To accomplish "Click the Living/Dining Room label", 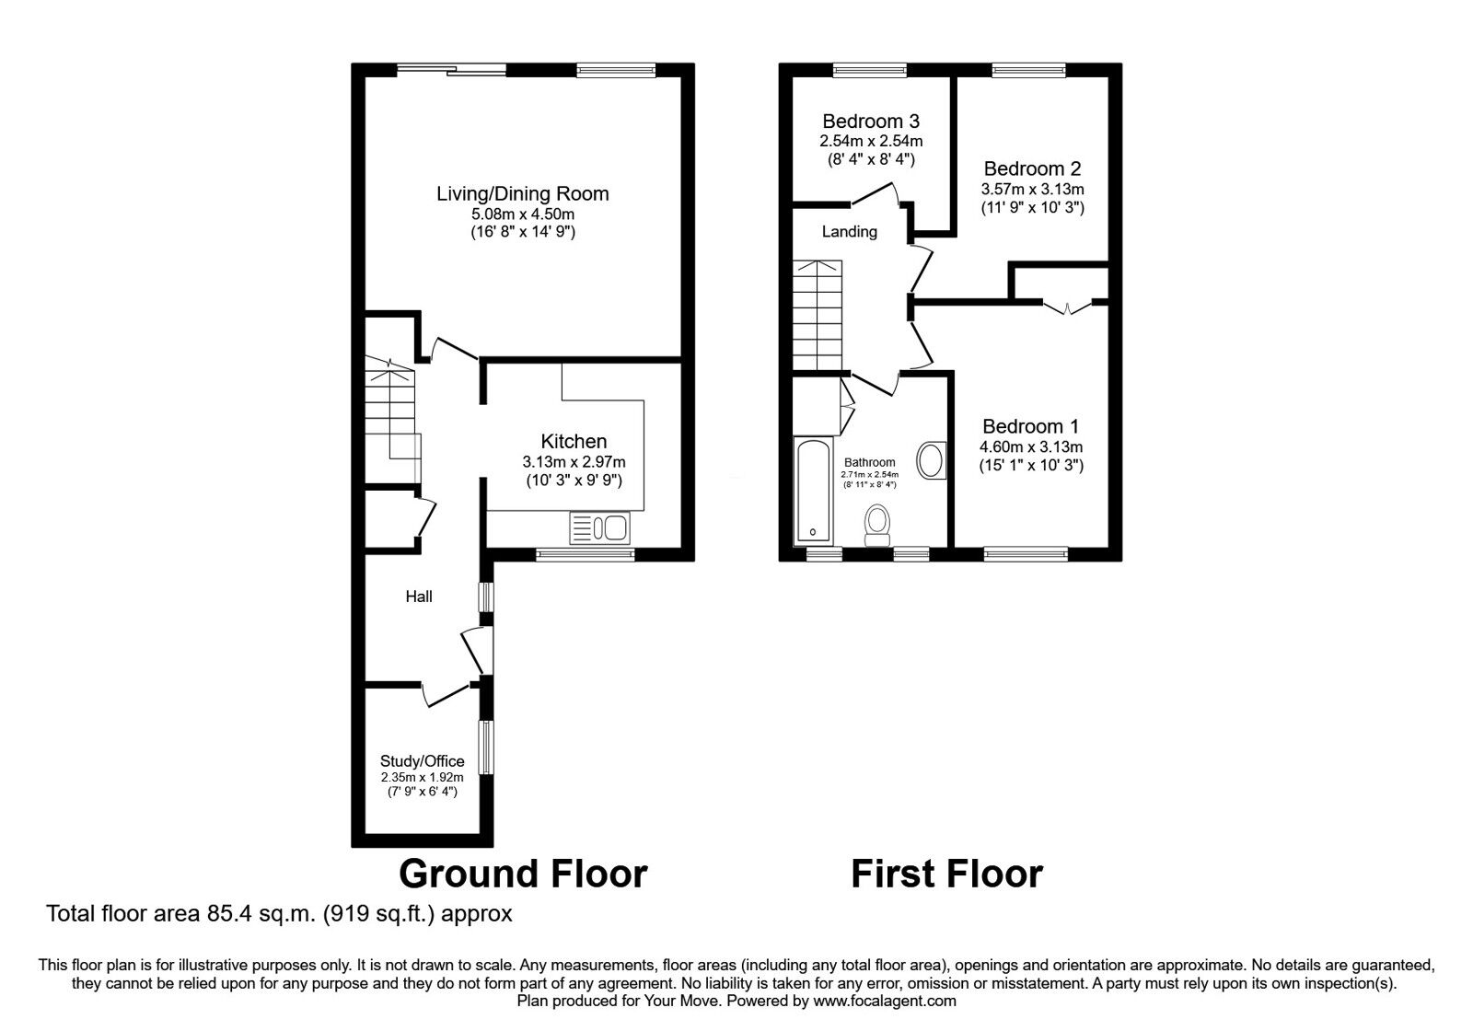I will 522,193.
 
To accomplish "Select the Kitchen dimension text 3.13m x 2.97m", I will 574,462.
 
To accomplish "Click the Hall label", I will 419,597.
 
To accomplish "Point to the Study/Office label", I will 422,761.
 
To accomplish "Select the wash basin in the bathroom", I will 932,460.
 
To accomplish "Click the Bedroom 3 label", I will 871,121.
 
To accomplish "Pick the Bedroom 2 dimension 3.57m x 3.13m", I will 1032,190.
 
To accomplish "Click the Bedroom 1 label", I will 1030,426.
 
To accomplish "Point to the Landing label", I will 849,232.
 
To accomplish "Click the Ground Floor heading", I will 523,873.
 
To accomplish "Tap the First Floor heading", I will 946,873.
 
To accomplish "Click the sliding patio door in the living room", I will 451,68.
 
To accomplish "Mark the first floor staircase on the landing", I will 818,313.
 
